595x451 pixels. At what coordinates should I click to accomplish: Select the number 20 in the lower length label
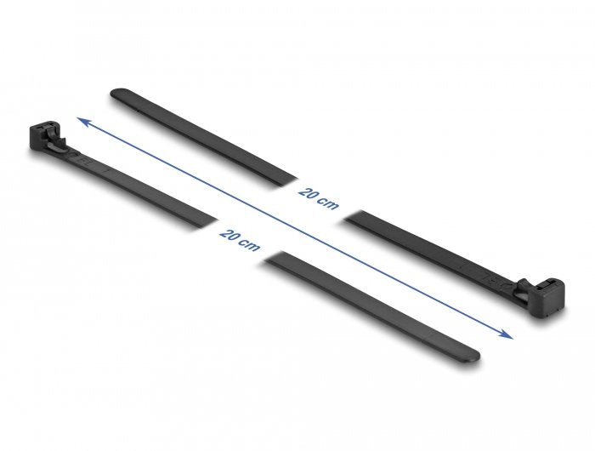pos(227,232)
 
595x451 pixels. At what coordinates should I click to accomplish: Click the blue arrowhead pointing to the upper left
pos(81,121)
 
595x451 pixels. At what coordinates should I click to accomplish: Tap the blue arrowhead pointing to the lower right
pos(509,334)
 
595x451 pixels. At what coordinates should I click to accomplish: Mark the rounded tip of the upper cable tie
pos(116,91)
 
